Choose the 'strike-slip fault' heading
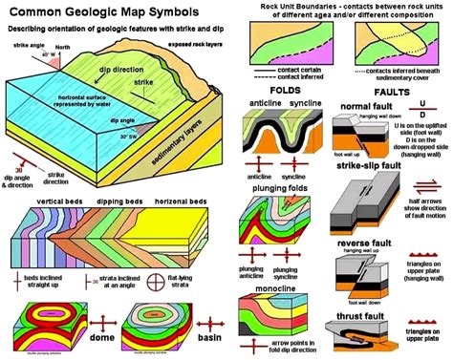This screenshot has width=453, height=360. coord(367,165)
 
